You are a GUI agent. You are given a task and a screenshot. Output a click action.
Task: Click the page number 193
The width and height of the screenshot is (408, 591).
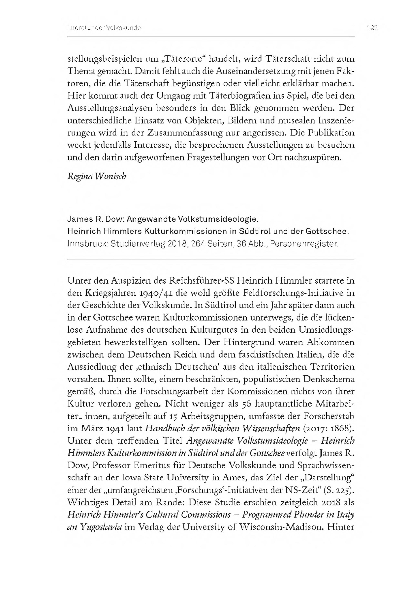[x=372, y=28]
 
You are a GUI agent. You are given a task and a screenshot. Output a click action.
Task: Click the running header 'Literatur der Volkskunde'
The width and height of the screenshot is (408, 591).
[x=104, y=28]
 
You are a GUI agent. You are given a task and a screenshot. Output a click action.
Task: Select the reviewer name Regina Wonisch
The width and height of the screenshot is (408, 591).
[x=97, y=177]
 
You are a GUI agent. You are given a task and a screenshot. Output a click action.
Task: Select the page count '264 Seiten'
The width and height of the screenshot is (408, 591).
[x=209, y=244]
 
